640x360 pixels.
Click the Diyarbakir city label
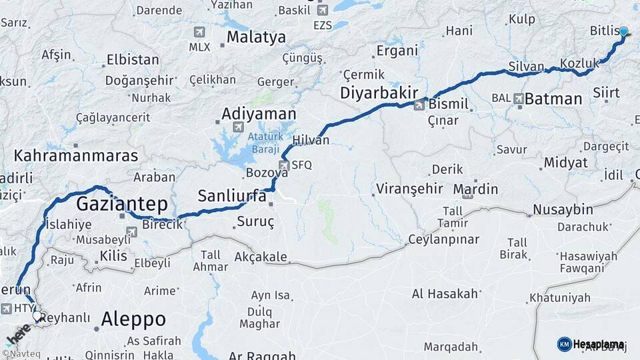(x=379, y=93)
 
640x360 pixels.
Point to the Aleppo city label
(x=133, y=319)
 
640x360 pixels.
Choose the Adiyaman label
(x=259, y=113)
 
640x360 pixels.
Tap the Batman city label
(x=553, y=99)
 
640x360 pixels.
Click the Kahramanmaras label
(x=76, y=156)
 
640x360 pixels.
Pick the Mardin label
(x=475, y=189)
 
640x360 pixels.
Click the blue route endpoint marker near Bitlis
(x=623, y=31)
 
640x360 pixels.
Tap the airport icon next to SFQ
(x=285, y=165)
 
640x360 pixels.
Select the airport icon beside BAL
(x=519, y=98)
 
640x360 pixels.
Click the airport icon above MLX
(x=199, y=32)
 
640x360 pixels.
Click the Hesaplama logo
(x=591, y=344)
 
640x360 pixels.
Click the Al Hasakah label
(x=445, y=293)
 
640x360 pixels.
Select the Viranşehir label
(x=409, y=189)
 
